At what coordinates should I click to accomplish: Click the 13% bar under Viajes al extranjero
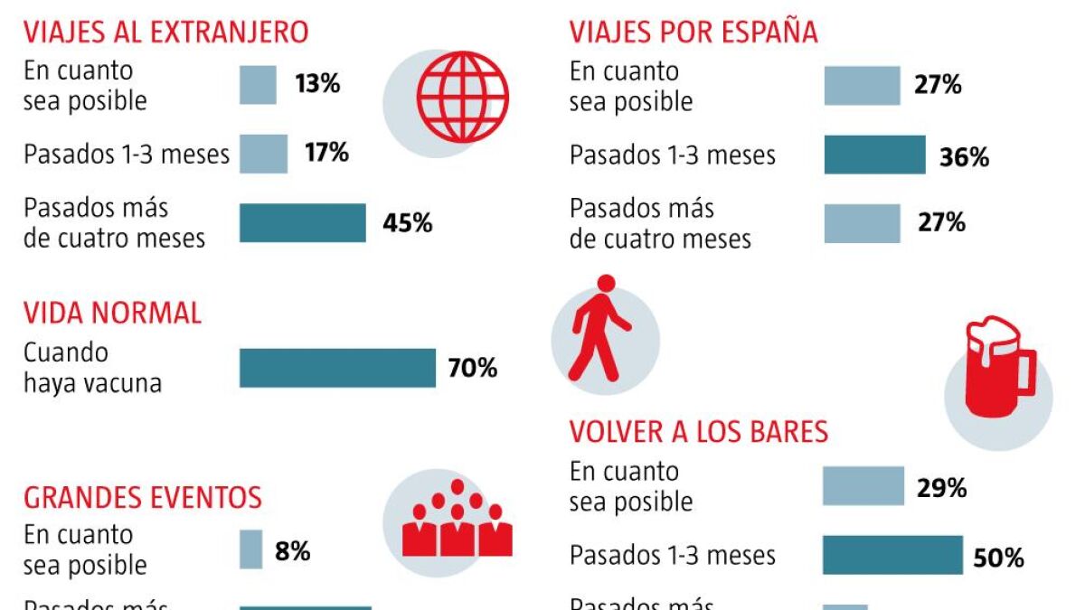click(258, 85)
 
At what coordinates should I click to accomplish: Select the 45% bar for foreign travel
click(302, 223)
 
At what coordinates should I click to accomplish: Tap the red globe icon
click(463, 97)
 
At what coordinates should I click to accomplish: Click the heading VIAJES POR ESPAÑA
click(693, 32)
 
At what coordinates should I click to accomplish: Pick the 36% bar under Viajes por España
click(874, 155)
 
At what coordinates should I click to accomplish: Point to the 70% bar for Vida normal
click(337, 368)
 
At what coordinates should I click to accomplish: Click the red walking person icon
click(599, 327)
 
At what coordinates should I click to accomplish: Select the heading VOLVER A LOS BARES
click(698, 432)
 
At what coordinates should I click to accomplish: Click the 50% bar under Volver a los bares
click(892, 555)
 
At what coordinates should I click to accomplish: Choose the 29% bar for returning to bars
click(863, 486)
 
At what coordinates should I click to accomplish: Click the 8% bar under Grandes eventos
click(250, 549)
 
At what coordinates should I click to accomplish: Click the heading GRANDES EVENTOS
click(143, 497)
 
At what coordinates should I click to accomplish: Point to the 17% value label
click(326, 153)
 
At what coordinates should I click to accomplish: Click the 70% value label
click(472, 368)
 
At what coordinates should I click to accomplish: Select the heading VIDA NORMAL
click(112, 313)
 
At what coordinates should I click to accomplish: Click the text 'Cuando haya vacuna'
click(92, 367)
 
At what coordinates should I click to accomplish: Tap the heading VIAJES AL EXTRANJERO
click(165, 32)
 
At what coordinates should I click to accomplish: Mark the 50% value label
click(998, 558)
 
